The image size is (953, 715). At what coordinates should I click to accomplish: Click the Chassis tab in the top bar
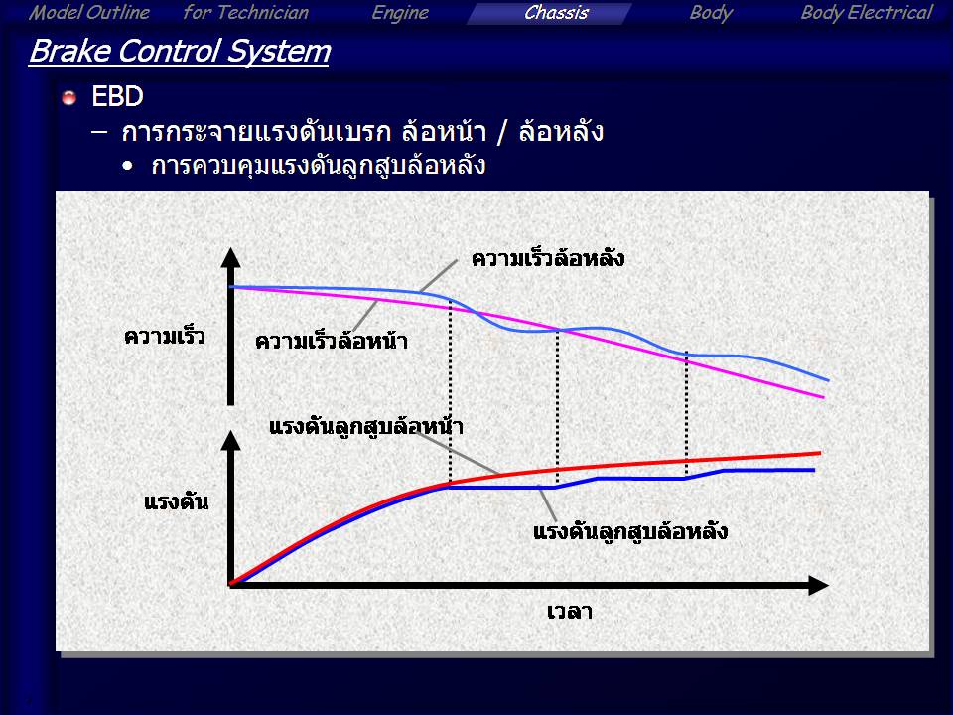click(x=556, y=13)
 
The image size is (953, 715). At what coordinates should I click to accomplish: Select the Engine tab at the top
click(x=400, y=13)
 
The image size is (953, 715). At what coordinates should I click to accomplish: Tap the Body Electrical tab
click(x=866, y=13)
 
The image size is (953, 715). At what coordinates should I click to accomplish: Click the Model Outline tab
click(x=88, y=13)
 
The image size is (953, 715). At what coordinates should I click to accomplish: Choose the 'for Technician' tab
click(x=245, y=13)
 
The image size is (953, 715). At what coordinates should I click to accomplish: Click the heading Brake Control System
click(x=180, y=51)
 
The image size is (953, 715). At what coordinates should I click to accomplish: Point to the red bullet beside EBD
click(x=69, y=97)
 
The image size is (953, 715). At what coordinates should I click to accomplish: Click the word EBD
click(x=117, y=96)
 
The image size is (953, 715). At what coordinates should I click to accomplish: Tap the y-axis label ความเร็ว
click(x=164, y=337)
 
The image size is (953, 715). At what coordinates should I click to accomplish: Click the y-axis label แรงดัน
click(x=177, y=502)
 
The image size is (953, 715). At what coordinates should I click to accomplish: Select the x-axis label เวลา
click(x=570, y=611)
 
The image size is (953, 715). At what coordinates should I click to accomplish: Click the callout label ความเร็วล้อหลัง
click(x=548, y=258)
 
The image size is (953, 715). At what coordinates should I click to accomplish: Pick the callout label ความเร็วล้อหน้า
click(x=332, y=341)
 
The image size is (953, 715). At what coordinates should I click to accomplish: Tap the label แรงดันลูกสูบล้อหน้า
click(x=366, y=426)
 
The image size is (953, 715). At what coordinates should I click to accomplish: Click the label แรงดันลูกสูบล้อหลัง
click(x=630, y=531)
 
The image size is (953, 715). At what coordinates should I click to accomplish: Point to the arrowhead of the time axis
click(x=819, y=586)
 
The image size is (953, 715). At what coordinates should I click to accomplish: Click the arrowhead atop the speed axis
click(x=230, y=257)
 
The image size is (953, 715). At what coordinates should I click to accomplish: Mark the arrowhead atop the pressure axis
click(x=230, y=440)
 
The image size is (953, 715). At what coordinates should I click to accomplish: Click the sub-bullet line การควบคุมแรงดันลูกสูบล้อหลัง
click(x=319, y=166)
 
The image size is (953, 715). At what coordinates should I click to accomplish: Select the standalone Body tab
click(x=711, y=13)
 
